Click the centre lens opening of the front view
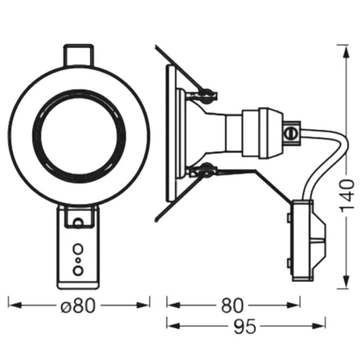pyautogui.click(x=78, y=137)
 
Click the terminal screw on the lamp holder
pyautogui.click(x=292, y=132)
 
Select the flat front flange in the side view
pyautogui.click(x=171, y=133)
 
